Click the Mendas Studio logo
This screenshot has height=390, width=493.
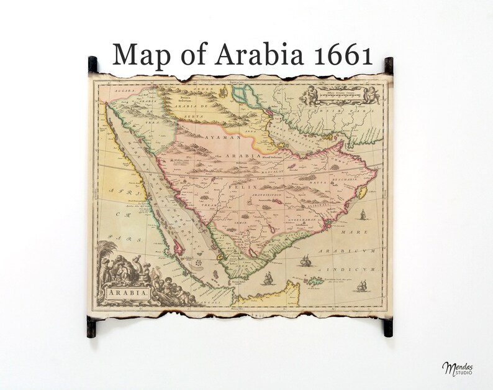[457, 368]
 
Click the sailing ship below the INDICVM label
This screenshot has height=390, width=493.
[361, 287]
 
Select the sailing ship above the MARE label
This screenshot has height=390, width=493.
[361, 215]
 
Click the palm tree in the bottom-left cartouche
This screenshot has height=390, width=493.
[109, 255]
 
